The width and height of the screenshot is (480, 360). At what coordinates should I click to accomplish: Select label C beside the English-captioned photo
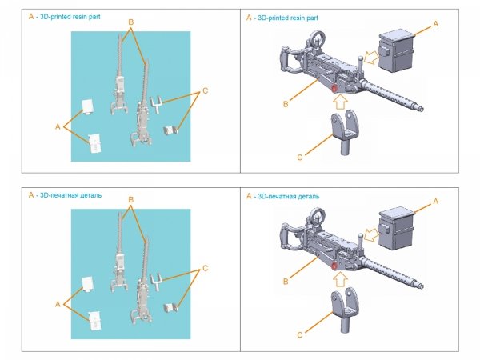coord(205,90)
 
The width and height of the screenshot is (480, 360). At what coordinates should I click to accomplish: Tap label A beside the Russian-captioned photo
coord(58,305)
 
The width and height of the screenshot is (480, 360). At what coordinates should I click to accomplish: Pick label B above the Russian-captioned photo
coord(131,199)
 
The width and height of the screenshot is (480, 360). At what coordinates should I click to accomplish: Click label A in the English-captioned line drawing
coord(435,25)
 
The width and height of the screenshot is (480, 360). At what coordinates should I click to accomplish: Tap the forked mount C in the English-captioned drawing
coord(343,131)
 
